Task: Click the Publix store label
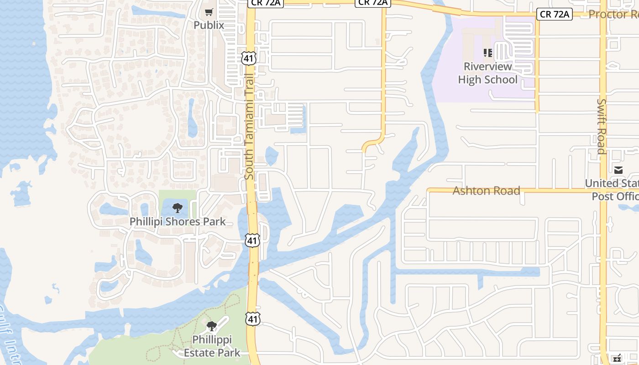209,25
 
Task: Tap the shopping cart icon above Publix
209,12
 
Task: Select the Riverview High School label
487,73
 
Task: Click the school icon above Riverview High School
487,53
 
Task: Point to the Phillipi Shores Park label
178,222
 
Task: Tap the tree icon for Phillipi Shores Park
178,209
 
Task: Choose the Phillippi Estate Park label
212,346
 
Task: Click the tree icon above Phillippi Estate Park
211,326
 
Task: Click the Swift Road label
602,126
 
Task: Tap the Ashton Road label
486,190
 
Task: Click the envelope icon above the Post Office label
618,171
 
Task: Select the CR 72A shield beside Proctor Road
554,14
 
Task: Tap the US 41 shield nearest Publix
249,58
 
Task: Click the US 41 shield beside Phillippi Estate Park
252,318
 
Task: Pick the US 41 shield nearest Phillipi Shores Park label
252,240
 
